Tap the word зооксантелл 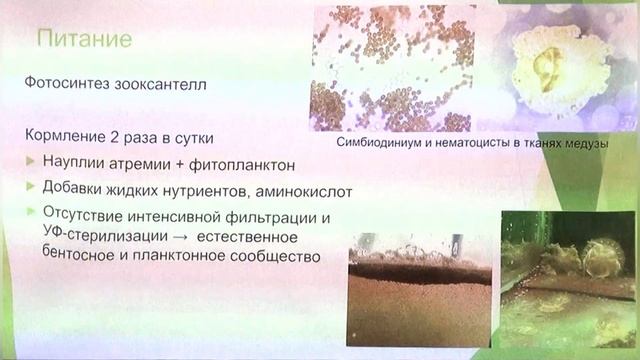pyautogui.click(x=167, y=85)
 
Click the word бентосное pyautogui.click(x=79, y=256)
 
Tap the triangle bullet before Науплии pyautogui.click(x=29, y=162)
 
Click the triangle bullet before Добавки pyautogui.click(x=29, y=188)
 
